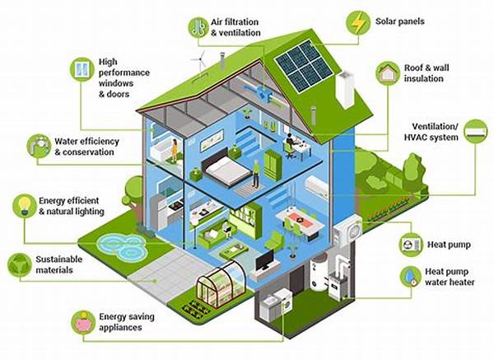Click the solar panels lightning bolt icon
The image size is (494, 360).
357,21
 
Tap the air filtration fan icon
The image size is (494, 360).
198,26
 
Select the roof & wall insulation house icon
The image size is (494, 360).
388,72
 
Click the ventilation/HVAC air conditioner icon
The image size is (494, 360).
475,131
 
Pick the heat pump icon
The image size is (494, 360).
410,245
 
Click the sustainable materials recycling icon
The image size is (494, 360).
18,264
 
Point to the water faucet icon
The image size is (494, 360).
38,146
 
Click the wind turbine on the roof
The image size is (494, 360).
198,63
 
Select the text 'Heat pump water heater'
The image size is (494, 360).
446,278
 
